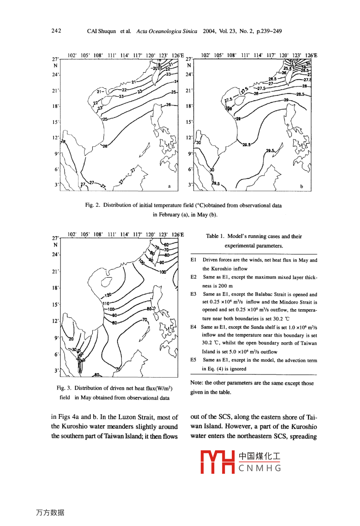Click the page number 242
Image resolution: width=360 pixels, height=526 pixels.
click(x=56, y=31)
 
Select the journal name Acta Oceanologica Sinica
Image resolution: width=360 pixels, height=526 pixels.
click(x=166, y=31)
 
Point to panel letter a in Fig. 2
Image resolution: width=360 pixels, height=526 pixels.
click(x=169, y=186)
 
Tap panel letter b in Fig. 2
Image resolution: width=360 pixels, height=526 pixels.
click(x=301, y=186)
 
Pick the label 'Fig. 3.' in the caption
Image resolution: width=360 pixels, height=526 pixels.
click(x=64, y=388)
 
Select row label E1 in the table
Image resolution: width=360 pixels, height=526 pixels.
click(x=193, y=260)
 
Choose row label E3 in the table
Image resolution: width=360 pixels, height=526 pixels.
click(x=193, y=294)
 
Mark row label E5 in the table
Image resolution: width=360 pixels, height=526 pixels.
click(x=193, y=360)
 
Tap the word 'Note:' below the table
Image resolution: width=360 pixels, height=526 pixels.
click(x=197, y=383)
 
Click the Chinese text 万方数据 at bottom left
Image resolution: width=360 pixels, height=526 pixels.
click(x=50, y=513)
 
